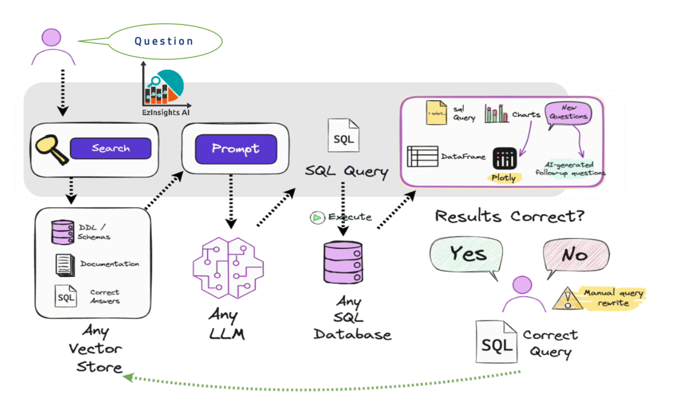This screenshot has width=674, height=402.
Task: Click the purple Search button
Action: point(111,148)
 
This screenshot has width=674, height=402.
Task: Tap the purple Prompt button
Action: point(235,149)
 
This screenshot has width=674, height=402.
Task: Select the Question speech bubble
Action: point(163,41)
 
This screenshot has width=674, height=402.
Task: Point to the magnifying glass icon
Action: point(51,149)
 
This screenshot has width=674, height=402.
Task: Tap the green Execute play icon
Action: point(317,217)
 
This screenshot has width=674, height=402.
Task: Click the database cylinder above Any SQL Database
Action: point(343,262)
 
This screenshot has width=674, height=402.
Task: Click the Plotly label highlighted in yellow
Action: point(503,178)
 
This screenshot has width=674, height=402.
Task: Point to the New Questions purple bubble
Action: point(569,112)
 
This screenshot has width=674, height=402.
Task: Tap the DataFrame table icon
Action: point(422,156)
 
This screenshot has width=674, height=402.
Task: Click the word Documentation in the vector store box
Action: point(110,264)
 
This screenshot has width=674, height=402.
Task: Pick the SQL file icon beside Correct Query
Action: point(496,344)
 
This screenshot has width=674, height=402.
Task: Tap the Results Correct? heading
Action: point(509,216)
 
